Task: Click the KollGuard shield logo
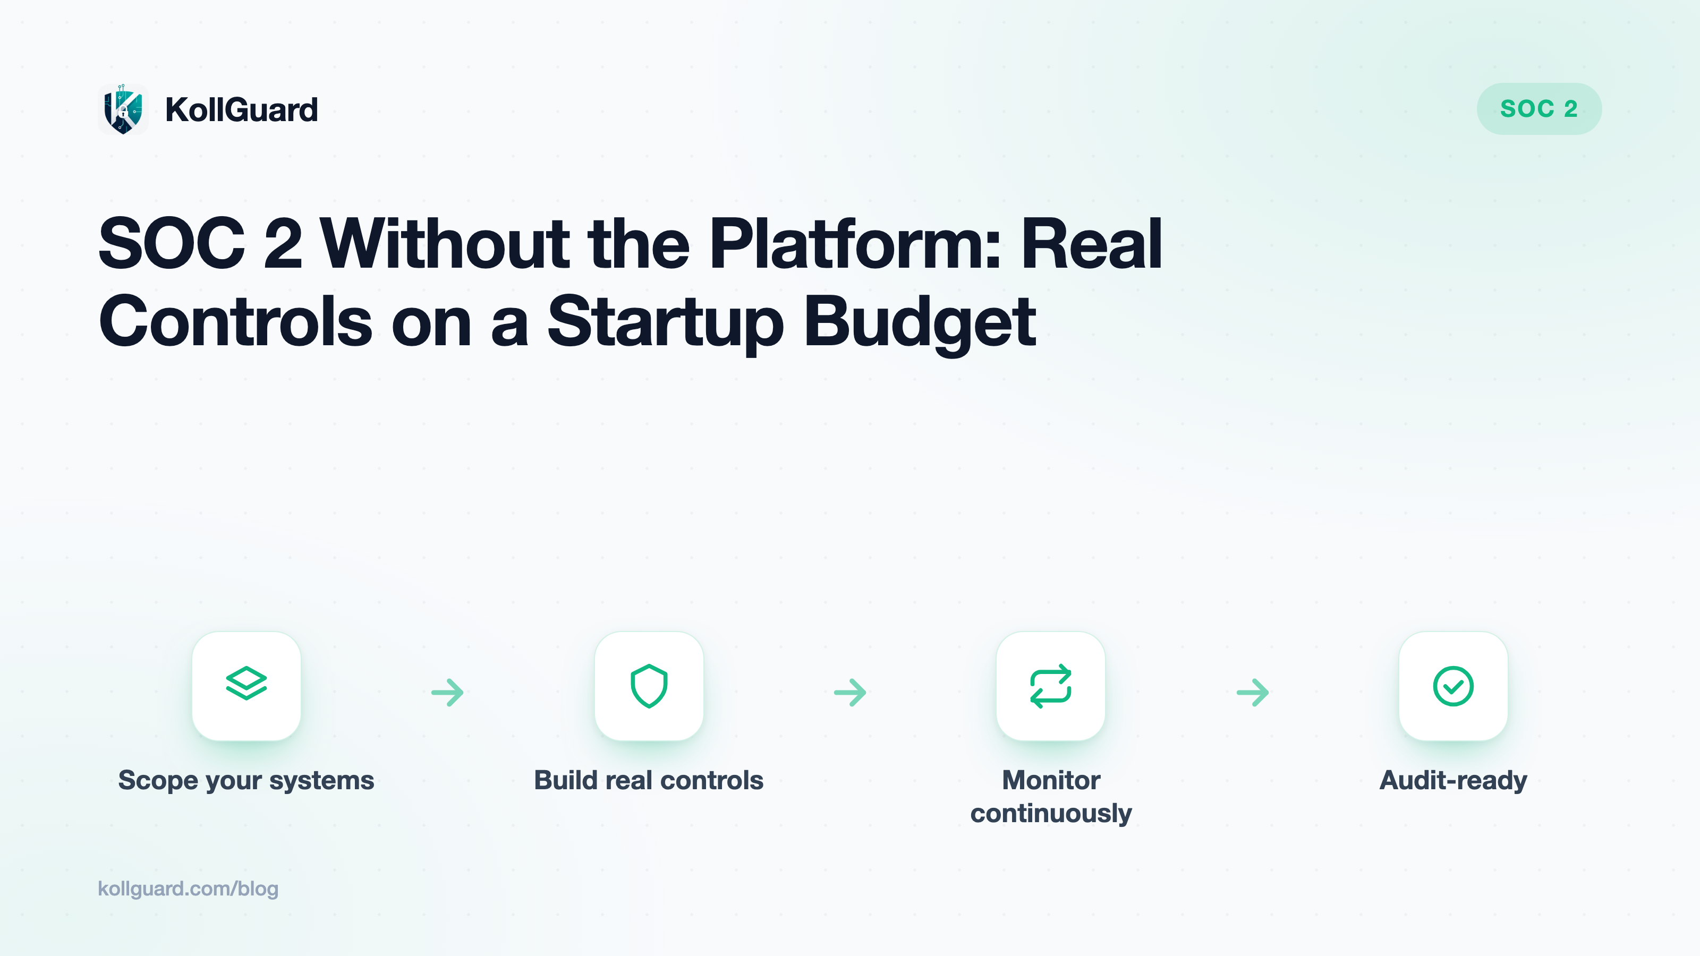(123, 109)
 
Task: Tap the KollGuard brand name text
(242, 109)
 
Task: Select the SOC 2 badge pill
(1538, 109)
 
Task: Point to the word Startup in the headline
(666, 321)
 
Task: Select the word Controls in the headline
(235, 321)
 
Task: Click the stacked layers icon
(246, 683)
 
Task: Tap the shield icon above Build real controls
(649, 686)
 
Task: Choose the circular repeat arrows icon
(1051, 686)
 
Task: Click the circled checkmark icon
(1453, 686)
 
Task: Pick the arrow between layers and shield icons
(447, 692)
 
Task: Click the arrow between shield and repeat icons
(850, 692)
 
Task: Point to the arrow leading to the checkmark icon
(1253, 692)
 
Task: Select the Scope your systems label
(246, 781)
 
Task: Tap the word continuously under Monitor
(1051, 814)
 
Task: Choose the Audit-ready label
(1453, 781)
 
